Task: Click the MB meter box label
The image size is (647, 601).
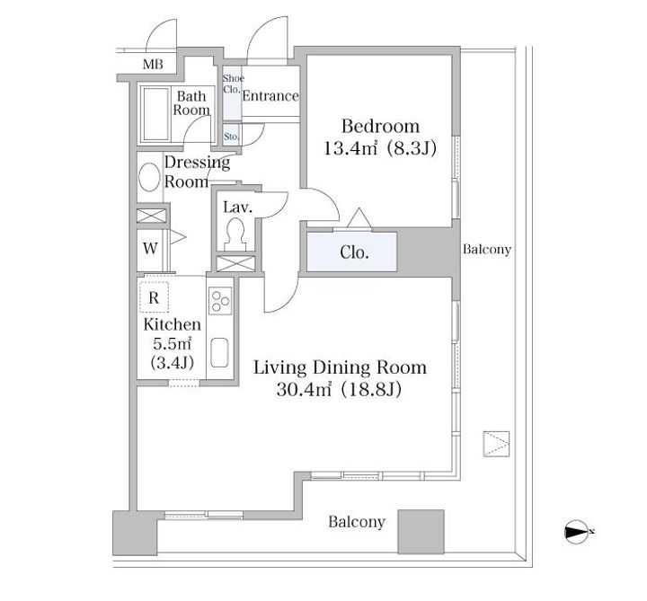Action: (153, 65)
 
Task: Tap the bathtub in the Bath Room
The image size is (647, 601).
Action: (155, 114)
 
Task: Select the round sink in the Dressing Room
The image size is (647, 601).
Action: (149, 177)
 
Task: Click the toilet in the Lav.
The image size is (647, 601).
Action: (235, 234)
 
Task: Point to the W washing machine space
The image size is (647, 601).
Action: (150, 248)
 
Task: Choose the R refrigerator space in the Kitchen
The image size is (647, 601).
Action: (154, 297)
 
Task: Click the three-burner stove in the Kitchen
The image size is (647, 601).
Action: (220, 301)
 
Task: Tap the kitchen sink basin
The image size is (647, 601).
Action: (219, 353)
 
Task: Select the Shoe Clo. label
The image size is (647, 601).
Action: (233, 84)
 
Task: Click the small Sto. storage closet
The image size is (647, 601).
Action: (232, 136)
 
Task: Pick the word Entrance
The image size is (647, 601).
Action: (270, 96)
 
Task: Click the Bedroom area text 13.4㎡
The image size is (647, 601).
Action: (350, 147)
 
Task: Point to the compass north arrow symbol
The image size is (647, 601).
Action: (576, 532)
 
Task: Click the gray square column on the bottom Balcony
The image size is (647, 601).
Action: (421, 531)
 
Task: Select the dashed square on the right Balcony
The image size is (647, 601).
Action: (496, 444)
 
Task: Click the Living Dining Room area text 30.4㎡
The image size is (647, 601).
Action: (304, 389)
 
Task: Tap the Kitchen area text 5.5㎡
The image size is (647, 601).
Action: (172, 343)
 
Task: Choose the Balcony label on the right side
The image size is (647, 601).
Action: (487, 249)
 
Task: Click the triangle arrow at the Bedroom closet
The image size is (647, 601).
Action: (359, 217)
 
